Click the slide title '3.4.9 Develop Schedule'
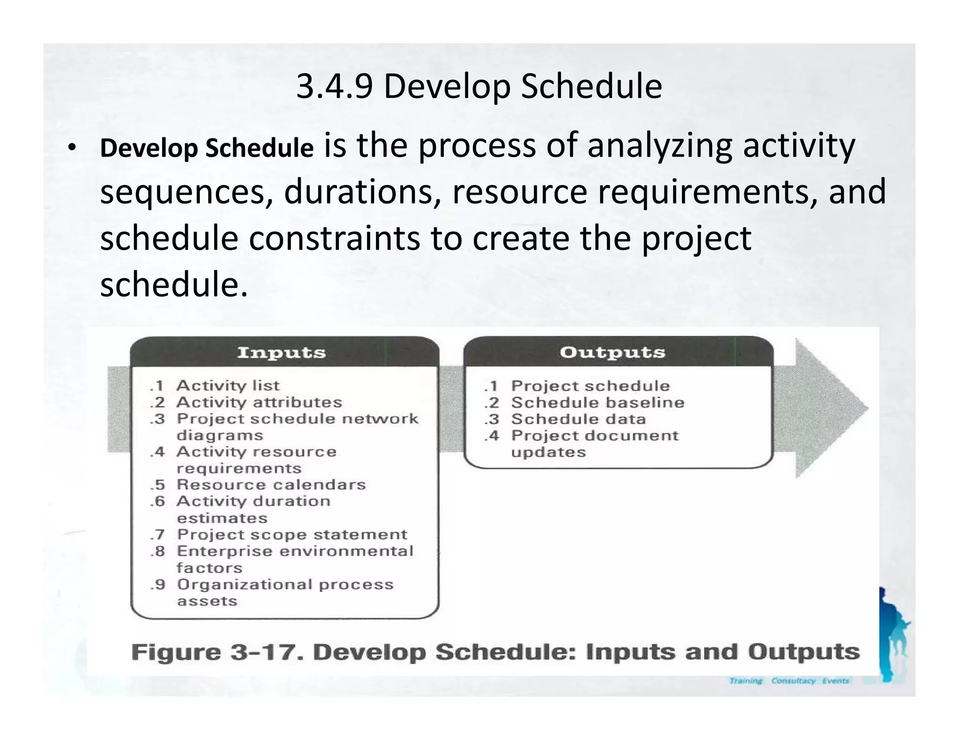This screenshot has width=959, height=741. pos(479,87)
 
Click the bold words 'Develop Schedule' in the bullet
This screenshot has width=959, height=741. pos(207,148)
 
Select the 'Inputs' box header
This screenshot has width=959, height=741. pos(281,352)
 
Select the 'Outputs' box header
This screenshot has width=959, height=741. pos(612,352)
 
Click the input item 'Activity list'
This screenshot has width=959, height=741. pos(228,385)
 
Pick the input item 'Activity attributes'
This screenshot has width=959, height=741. pos(259,402)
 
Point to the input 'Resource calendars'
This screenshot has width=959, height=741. pos(271,485)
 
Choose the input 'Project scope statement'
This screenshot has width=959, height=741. pos(292,534)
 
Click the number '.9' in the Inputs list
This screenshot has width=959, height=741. pos(158,585)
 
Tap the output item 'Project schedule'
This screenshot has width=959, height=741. pos(590,386)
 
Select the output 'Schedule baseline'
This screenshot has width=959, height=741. pos(598,402)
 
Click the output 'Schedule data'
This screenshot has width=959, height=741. pos(578,419)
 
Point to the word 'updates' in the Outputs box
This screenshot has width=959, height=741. pos(548,452)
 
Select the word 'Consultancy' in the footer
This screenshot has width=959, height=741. pos(793,681)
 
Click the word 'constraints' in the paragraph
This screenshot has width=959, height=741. pos(334,238)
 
